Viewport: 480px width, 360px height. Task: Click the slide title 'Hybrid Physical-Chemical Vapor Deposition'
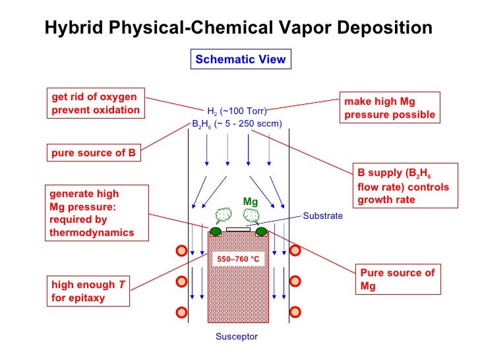238,28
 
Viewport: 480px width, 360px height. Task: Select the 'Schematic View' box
240,59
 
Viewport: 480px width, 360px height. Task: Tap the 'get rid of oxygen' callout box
96,104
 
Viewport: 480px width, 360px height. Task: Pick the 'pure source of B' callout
94,154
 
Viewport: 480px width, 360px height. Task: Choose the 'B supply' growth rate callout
403,185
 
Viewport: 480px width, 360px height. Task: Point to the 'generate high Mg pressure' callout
93,213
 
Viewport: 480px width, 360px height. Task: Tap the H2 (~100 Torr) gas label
237,111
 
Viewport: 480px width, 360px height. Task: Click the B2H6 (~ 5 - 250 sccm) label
237,123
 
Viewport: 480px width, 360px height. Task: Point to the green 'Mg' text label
250,201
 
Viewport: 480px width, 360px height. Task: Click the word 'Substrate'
322,216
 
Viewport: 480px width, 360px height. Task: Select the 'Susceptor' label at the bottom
237,337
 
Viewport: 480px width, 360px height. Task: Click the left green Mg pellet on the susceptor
216,231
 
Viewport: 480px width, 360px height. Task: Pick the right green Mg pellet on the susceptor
262,231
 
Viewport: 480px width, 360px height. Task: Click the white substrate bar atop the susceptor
238,229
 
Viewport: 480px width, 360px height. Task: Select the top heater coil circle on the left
180,251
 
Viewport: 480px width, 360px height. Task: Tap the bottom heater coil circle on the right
295,311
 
